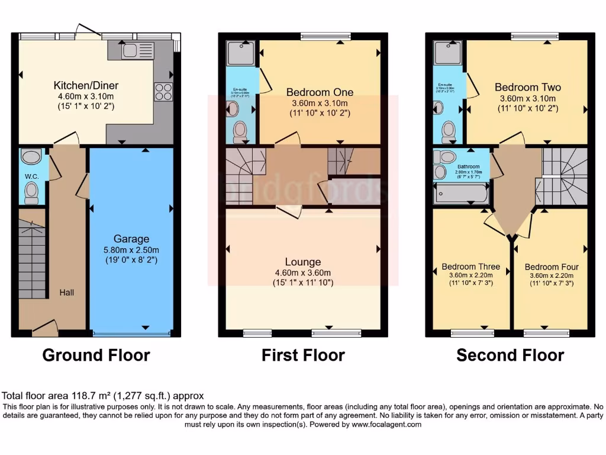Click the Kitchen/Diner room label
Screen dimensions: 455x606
click(83, 84)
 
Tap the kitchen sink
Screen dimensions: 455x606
click(137, 52)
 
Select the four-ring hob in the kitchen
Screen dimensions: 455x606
click(163, 92)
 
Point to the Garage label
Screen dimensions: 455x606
click(131, 239)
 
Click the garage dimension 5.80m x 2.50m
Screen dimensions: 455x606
click(131, 249)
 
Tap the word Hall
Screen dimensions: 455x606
click(67, 292)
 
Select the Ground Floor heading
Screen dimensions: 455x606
click(96, 355)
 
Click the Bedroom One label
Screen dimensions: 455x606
click(320, 92)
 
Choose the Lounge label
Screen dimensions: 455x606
click(302, 262)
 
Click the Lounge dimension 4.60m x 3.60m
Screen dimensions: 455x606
click(302, 273)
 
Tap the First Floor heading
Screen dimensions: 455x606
click(303, 355)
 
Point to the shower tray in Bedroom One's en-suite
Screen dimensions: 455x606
click(240, 54)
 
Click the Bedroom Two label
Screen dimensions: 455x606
click(527, 87)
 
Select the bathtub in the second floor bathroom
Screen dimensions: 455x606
click(461, 193)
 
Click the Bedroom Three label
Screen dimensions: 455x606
click(470, 267)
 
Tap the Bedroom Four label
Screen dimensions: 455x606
click(552, 267)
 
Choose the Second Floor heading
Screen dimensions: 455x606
click(510, 355)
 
